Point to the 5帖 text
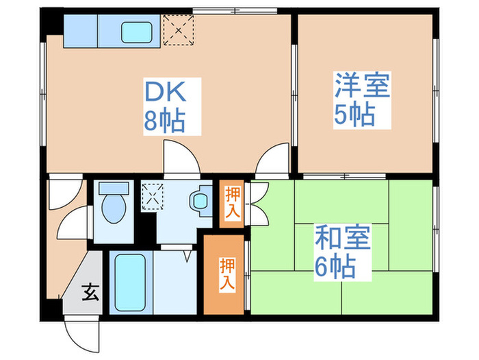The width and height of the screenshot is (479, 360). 354,115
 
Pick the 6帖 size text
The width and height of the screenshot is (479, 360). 335,267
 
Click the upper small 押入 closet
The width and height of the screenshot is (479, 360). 232,202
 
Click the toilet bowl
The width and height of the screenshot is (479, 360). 112,205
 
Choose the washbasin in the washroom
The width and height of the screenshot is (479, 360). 200,200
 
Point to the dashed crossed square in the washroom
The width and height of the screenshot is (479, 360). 152,196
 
